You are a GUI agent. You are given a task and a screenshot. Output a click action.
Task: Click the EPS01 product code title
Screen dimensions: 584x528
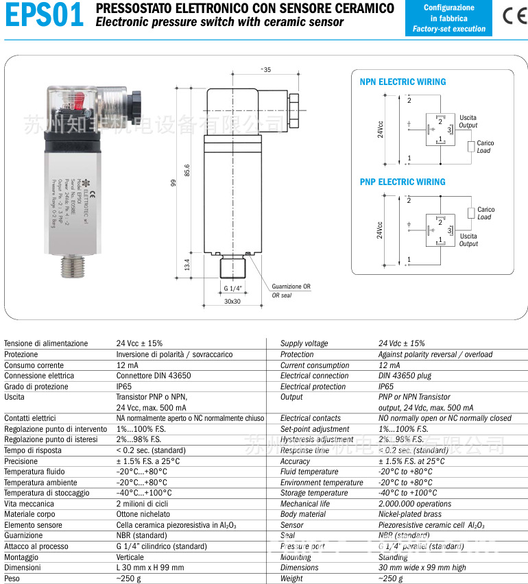coord(45,16)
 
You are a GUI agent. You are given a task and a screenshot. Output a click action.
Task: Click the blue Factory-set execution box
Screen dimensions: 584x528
coord(448,19)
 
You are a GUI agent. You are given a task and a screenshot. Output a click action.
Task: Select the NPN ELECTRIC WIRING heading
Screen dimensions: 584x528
coord(403,82)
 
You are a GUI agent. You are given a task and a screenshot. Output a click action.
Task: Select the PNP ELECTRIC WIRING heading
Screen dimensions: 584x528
coord(403,182)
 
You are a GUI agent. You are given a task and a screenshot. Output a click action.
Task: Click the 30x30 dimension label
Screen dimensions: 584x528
coord(232,302)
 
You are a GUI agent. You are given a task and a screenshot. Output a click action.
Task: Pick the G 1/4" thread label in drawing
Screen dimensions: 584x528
coord(233,287)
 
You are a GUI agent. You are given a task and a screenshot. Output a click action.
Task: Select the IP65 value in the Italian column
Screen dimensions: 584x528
coord(124,387)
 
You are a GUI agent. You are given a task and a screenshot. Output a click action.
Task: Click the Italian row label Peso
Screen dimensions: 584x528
coord(12,579)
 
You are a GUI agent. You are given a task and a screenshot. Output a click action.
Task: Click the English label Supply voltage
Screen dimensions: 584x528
coord(304,343)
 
